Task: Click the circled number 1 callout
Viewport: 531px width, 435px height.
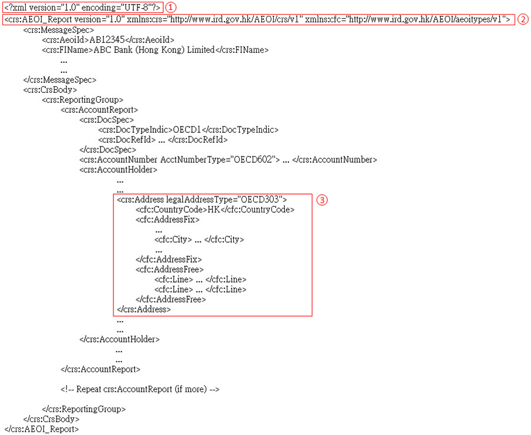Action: [171, 8]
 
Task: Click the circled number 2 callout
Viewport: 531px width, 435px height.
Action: [523, 19]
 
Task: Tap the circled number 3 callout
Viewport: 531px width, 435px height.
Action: [322, 200]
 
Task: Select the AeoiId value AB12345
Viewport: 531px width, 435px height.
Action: [107, 40]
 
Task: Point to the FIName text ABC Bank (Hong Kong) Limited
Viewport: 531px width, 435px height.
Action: [154, 50]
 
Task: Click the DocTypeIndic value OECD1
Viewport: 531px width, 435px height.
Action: [187, 130]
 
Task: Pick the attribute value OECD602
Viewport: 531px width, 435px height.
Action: [253, 159]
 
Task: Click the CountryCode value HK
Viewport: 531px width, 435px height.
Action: [214, 210]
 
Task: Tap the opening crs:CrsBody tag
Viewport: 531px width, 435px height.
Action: [50, 90]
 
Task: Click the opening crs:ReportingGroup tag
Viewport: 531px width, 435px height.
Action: [83, 100]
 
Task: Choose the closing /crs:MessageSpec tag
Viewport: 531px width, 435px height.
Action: [60, 81]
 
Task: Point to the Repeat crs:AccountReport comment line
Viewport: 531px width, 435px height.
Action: [140, 389]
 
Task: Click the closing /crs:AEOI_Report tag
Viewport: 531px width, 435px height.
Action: [42, 429]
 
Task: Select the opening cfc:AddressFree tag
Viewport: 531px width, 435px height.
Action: [170, 270]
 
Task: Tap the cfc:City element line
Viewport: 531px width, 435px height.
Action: [199, 239]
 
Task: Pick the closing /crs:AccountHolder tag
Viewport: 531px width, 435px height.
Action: [120, 339]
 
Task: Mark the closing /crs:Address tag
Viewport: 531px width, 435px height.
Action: [144, 309]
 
